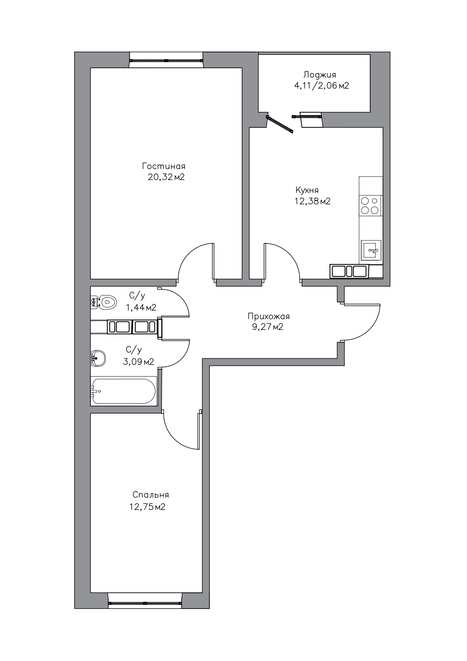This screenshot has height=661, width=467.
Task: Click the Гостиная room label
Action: click(x=164, y=166)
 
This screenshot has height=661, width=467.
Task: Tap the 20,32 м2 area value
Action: click(x=166, y=177)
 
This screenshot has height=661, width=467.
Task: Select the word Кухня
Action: click(x=307, y=190)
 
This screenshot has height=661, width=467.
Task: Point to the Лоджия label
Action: click(x=320, y=75)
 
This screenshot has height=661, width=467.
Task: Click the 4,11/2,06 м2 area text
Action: click(x=321, y=86)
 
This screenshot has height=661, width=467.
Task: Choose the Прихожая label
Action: click(x=269, y=316)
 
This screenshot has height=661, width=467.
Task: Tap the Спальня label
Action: click(x=151, y=495)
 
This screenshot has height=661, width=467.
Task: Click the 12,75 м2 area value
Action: click(x=147, y=507)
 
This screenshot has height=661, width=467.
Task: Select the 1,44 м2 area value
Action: click(x=141, y=308)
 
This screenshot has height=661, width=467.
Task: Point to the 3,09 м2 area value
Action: click(x=138, y=362)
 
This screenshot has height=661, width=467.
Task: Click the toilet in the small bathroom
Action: click(x=104, y=302)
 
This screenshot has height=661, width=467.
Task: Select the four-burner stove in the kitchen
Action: click(x=370, y=206)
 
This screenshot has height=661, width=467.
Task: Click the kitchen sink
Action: click(x=371, y=250)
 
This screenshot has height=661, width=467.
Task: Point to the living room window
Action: click(x=166, y=60)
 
